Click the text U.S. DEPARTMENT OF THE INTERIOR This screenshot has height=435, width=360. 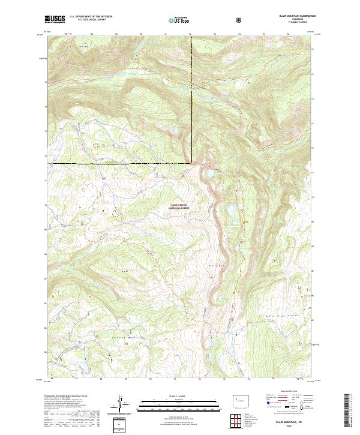pos(90,17)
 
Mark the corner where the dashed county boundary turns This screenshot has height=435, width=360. pos(192,163)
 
